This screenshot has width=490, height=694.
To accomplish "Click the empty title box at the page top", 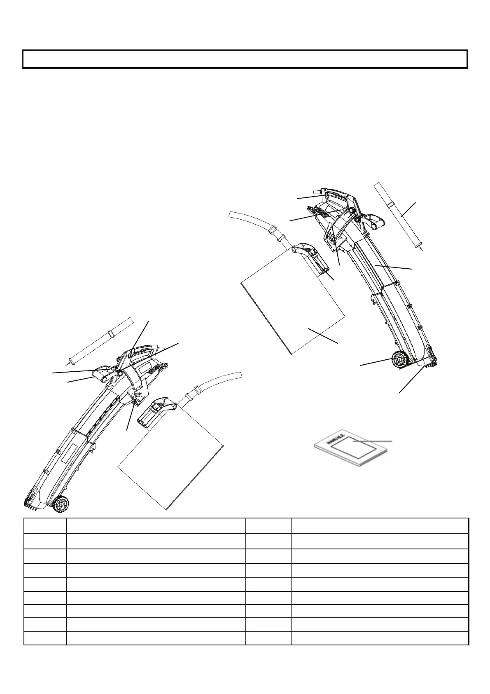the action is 245,59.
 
